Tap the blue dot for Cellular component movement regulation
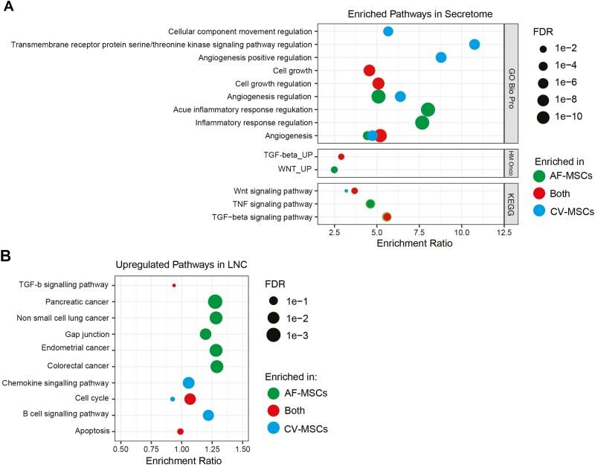coord(388,31)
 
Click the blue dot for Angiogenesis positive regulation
coord(441,57)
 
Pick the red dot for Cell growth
coord(369,71)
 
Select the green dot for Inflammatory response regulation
coord(422,123)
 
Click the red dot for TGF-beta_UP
coord(341,157)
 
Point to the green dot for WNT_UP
coord(334,170)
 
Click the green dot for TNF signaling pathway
coord(370,204)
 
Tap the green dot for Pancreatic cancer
coord(215,301)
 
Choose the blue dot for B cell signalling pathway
coord(208,415)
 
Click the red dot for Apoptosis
coord(180,432)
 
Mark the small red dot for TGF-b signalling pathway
coord(174,285)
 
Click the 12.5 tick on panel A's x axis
coord(504,232)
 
